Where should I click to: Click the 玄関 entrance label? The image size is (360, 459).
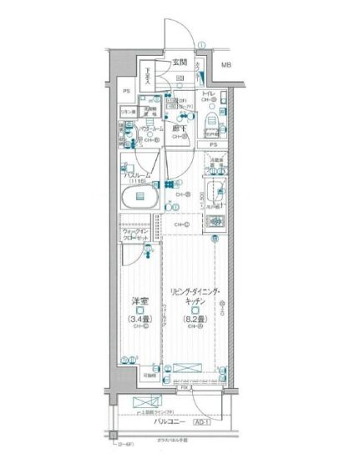(180, 63)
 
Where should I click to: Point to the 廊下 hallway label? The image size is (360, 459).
(178, 129)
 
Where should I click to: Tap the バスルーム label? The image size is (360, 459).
(137, 176)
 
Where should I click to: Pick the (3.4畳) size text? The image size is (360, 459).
(139, 317)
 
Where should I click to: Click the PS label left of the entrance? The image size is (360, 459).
(126, 90)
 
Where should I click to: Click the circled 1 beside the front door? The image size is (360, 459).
(201, 46)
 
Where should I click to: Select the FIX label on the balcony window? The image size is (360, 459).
(182, 387)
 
